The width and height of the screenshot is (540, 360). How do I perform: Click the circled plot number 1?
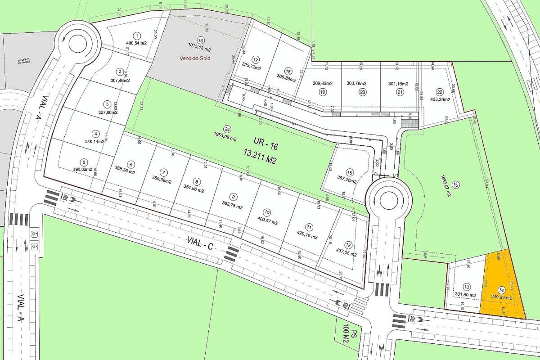pyautogui.click(x=137, y=35)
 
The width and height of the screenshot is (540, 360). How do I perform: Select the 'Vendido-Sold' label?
pyautogui.click(x=195, y=58)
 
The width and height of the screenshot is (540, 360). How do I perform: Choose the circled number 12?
pyautogui.click(x=349, y=245)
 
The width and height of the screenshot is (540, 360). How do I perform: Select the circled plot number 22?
pyautogui.click(x=440, y=92)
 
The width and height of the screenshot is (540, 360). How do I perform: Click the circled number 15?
pyautogui.click(x=350, y=172)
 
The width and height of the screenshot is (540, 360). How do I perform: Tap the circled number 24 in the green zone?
pyautogui.click(x=227, y=128)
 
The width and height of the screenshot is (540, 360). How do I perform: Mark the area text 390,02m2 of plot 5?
pyautogui.click(x=83, y=169)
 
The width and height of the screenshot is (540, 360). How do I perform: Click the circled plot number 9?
pyautogui.click(x=233, y=196)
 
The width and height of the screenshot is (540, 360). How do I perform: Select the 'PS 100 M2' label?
pyautogui.click(x=350, y=337)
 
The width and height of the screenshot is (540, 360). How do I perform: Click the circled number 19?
pyautogui.click(x=322, y=92)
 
